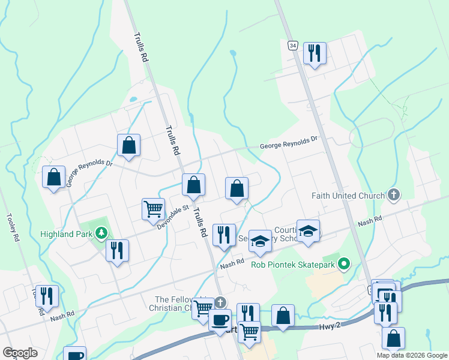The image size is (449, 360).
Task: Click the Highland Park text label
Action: (65, 233)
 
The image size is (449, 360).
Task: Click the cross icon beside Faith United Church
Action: (394, 194)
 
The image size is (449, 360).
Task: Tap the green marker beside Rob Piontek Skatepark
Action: (344, 263)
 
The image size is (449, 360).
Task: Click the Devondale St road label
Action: (169, 216)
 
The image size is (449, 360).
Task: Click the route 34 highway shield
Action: (292, 46)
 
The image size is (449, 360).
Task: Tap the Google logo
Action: (20, 353)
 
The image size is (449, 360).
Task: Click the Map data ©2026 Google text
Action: (411, 355)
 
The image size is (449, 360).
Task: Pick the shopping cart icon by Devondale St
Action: (154, 209)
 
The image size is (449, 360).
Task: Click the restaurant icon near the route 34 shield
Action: (315, 53)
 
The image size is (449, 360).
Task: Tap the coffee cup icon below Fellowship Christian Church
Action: (220, 319)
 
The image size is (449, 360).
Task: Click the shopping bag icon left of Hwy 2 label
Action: (283, 316)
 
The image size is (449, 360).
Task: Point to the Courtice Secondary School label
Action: (285, 234)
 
